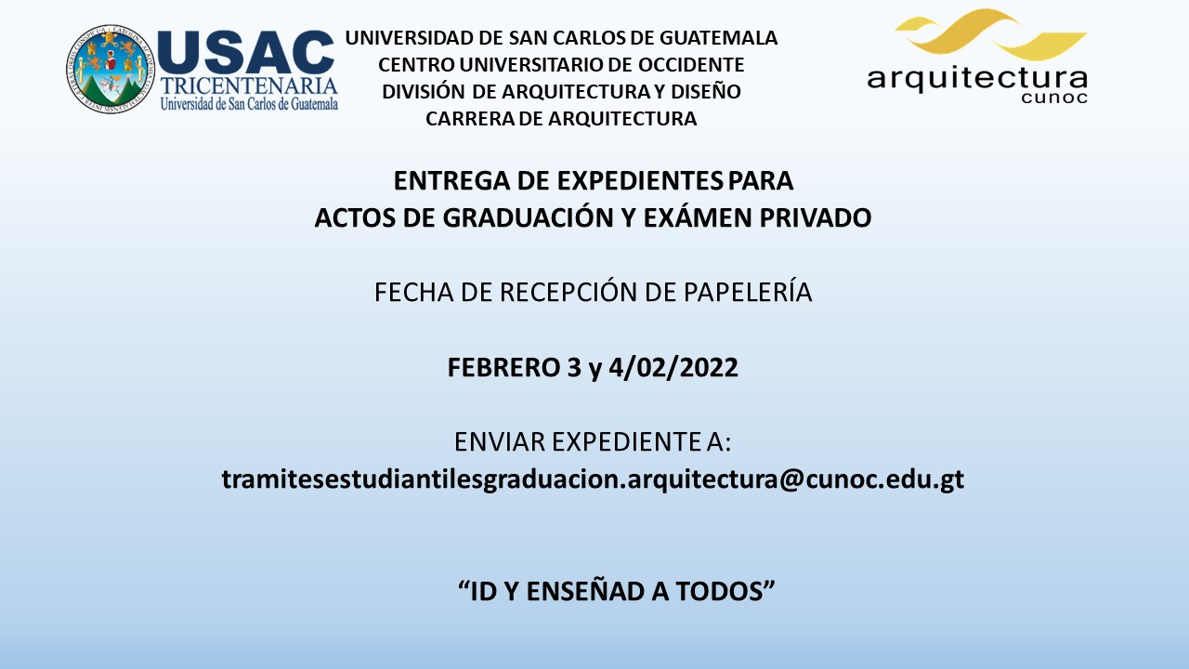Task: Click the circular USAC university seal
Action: click(111, 69)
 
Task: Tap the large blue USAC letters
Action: click(246, 52)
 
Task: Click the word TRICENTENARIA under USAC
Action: click(249, 86)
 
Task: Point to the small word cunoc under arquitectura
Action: click(1054, 98)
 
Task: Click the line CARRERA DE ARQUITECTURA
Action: click(561, 118)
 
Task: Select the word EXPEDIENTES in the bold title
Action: click(640, 181)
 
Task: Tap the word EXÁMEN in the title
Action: click(697, 216)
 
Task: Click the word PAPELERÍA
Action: click(748, 291)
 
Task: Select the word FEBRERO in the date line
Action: click(503, 367)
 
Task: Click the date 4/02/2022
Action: click(673, 367)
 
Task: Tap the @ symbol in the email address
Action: click(790, 479)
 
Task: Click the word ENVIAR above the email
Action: click(500, 441)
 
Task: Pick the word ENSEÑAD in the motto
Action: click(585, 591)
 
